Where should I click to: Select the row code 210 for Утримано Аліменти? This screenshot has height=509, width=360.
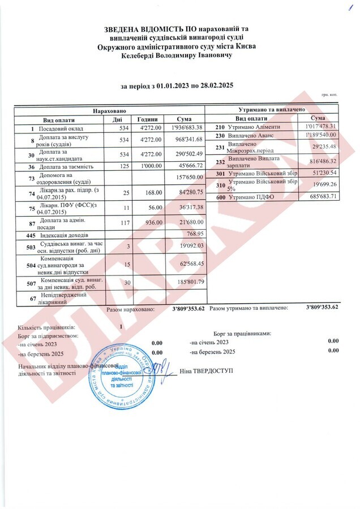[x=220, y=126]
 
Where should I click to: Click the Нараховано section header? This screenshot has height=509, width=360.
[x=109, y=109]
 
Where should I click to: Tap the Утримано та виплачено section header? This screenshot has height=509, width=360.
[x=277, y=109]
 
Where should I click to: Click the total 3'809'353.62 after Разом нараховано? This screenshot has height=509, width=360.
[x=187, y=309]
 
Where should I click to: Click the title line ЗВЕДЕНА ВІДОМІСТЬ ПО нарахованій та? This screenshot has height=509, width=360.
[x=177, y=29]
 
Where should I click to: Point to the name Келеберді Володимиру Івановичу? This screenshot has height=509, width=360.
[x=177, y=55]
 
